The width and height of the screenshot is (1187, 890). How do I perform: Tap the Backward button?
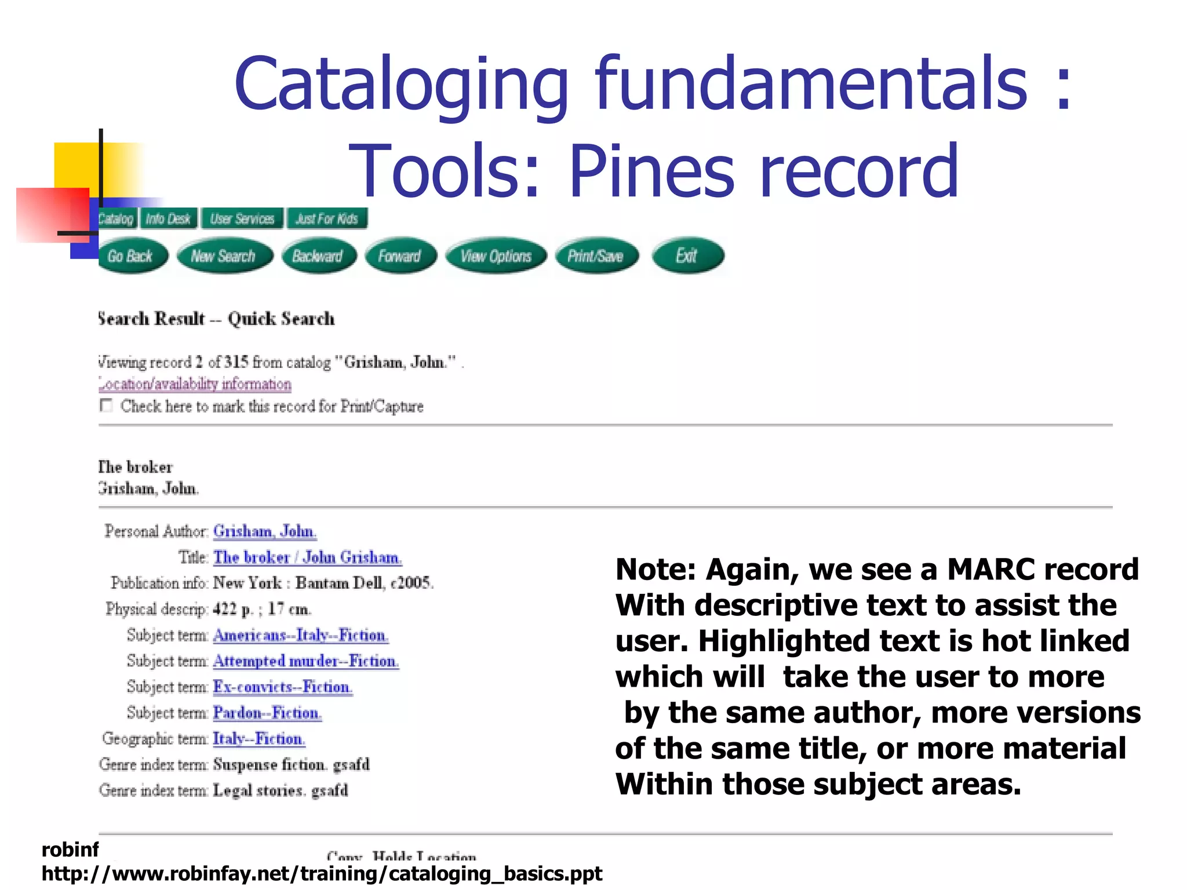pos(318,256)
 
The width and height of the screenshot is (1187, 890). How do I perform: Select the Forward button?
pos(399,256)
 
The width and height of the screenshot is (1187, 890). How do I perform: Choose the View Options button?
pos(496,256)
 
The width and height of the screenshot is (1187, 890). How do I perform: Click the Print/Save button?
pos(595,256)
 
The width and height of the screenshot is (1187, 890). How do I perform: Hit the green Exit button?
pos(687,256)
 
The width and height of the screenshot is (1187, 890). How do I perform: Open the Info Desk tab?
pos(168,219)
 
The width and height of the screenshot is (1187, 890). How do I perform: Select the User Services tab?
pos(242,219)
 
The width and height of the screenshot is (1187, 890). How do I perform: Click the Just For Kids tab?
pos(327,219)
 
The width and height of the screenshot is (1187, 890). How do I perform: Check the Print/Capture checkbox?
pos(106,405)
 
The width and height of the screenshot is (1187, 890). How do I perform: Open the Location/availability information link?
pos(195,384)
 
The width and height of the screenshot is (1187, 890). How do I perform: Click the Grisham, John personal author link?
pos(264,531)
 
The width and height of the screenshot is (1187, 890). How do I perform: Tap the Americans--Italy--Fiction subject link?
pos(300,636)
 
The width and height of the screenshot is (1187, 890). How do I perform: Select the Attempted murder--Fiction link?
pos(305,661)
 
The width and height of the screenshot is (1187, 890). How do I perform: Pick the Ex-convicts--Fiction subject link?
pos(282,687)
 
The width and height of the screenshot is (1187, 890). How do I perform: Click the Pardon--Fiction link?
pos(267,713)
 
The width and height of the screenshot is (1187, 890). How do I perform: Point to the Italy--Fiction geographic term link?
pos(258,739)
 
